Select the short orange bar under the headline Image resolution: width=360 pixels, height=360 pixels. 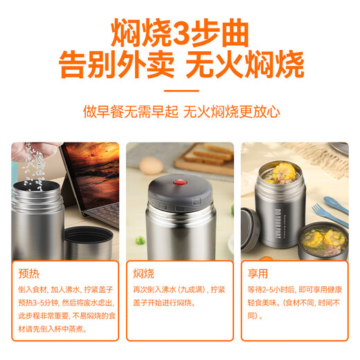pyautogui.click(x=179, y=90)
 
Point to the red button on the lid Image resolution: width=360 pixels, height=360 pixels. pyautogui.click(x=184, y=183)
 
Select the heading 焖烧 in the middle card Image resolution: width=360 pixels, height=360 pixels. pyautogui.click(x=143, y=273)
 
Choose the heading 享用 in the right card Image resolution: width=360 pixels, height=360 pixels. pyautogui.click(x=258, y=273)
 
